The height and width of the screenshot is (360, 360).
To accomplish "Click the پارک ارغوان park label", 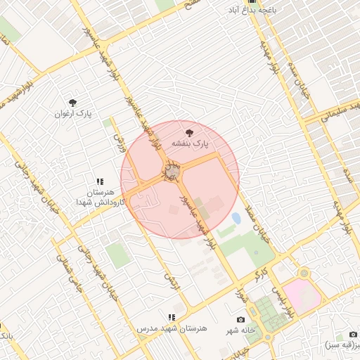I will click(74, 113).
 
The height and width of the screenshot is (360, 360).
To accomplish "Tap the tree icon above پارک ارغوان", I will click(73, 103).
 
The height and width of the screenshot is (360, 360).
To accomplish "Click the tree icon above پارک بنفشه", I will click(188, 132).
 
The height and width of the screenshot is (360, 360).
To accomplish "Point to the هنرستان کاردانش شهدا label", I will click(100, 197).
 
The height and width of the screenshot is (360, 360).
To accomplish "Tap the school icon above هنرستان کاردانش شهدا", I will click(100, 181).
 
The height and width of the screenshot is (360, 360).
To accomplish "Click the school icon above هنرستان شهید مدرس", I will click(172, 318).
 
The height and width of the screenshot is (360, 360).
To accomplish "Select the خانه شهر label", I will click(240, 330).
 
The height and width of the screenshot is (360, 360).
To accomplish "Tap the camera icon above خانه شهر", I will click(241, 320).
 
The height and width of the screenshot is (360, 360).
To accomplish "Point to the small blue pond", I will click(236, 219).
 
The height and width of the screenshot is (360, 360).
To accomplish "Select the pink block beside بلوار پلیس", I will click(303, 296).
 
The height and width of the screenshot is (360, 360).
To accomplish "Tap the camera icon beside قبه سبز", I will click(352, 335).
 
